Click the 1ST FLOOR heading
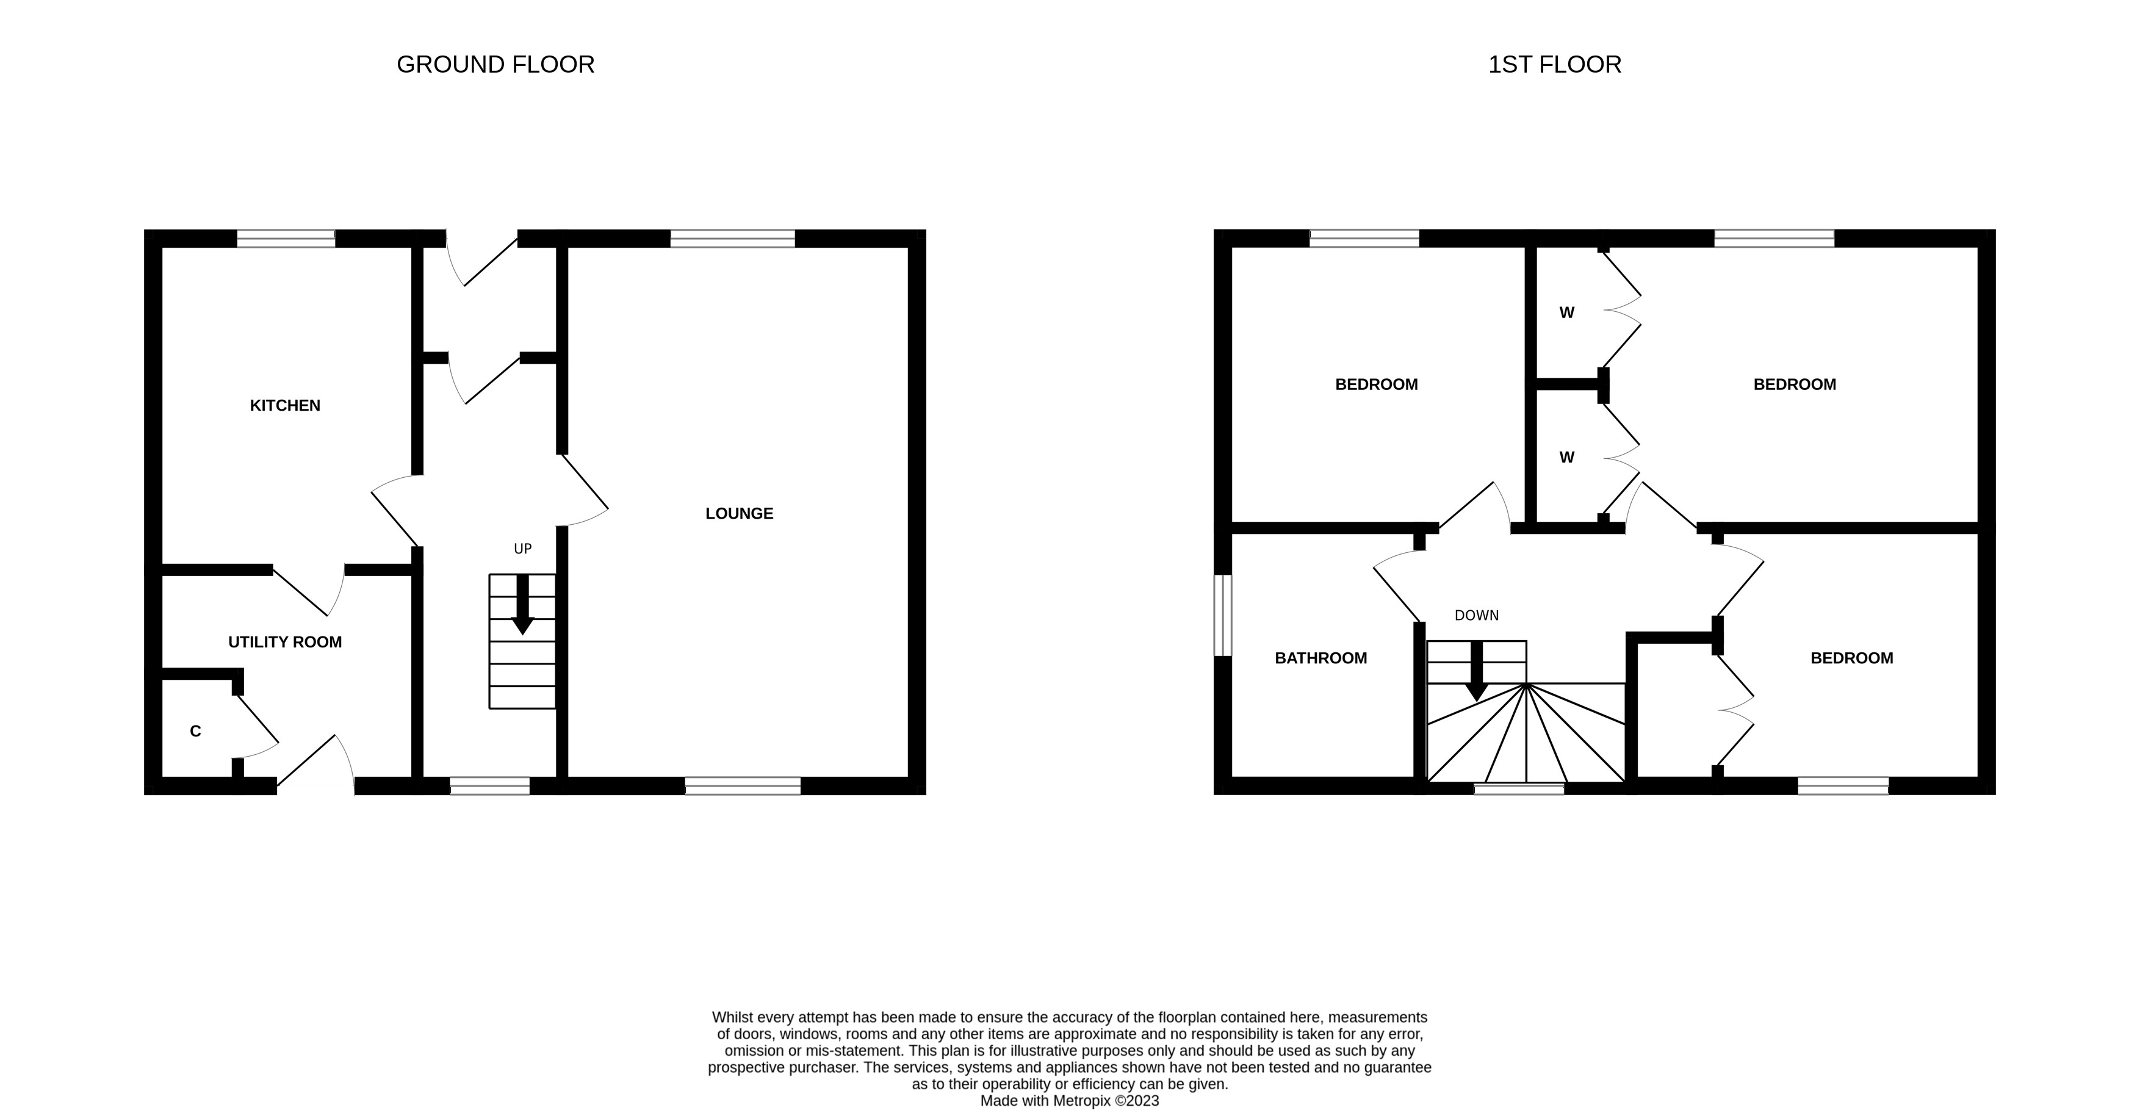(1554, 65)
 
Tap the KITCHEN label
(285, 405)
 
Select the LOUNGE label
(738, 513)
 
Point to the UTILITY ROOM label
(285, 642)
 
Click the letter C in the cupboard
(195, 731)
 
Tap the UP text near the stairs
(522, 549)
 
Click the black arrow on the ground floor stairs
(522, 607)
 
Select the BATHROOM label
(1320, 658)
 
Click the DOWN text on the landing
(1476, 616)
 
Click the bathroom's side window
(1223, 615)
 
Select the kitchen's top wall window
(286, 239)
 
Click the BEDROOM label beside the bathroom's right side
(1851, 658)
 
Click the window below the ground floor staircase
(489, 786)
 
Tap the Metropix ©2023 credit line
(1069, 1101)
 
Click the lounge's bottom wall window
(743, 786)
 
